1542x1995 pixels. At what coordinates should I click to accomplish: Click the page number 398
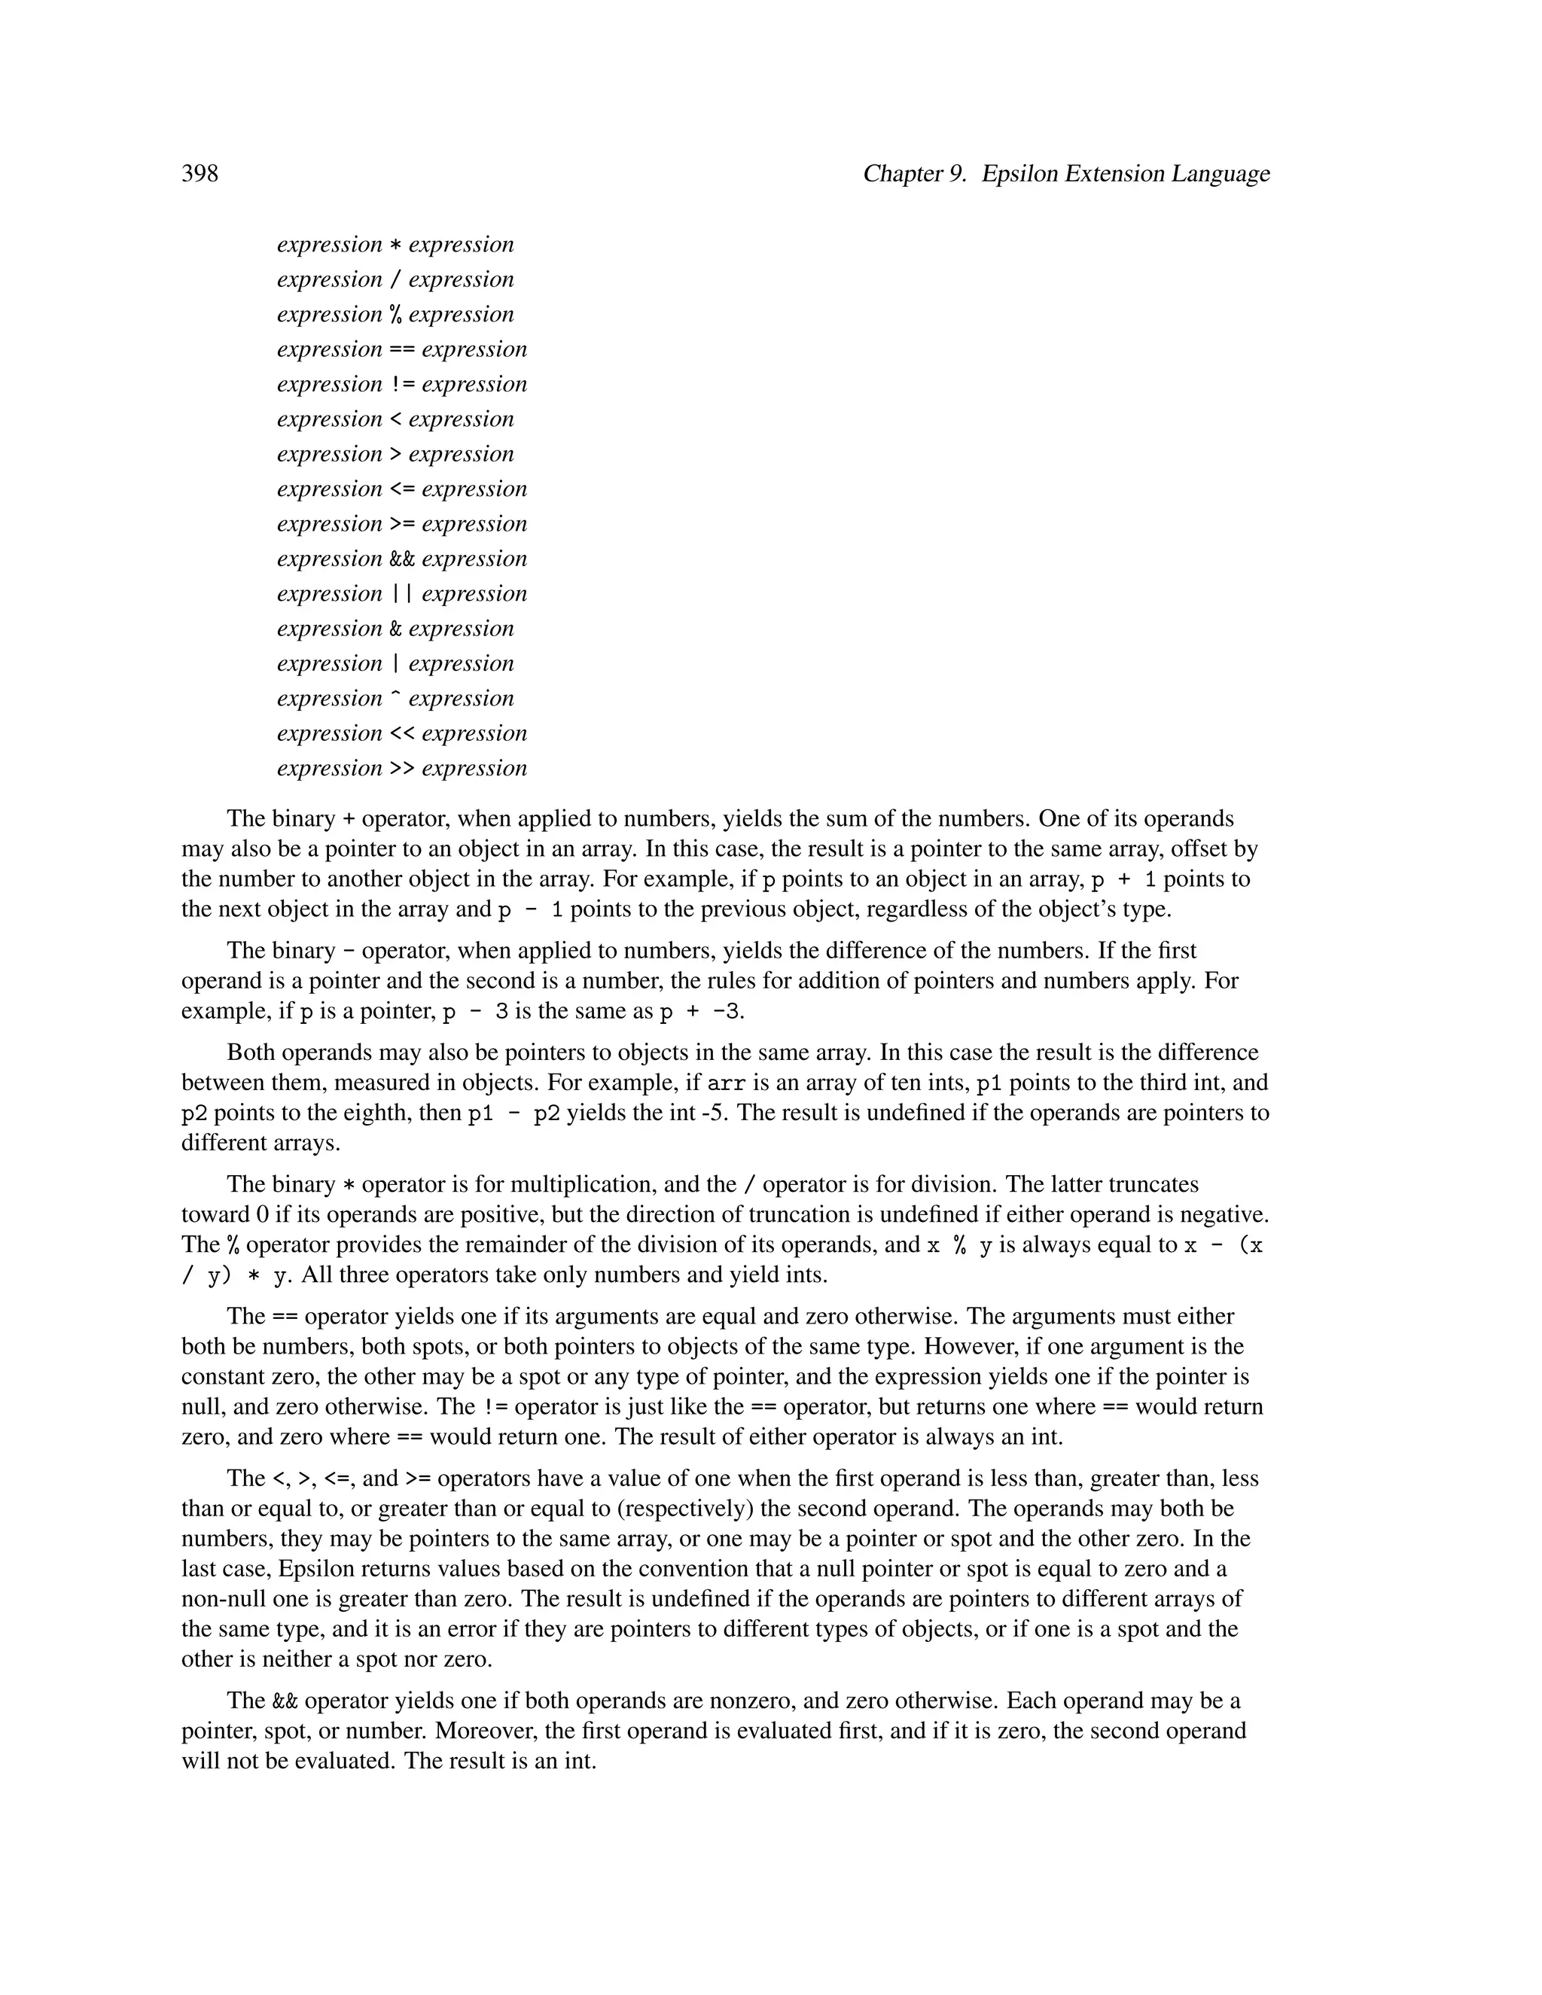tap(200, 174)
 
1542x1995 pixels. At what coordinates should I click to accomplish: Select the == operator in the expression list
tap(402, 350)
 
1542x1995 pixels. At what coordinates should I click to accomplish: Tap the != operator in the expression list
tap(402, 385)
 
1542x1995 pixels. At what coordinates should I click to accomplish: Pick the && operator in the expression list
tap(402, 559)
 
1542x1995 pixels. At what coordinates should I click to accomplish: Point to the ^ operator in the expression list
tap(395, 699)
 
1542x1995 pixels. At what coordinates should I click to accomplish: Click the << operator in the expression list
tap(402, 733)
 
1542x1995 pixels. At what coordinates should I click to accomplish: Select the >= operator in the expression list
tap(402, 524)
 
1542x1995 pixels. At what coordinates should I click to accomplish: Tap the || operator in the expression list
tap(402, 594)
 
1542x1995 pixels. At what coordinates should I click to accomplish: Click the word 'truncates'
tap(1152, 1185)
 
